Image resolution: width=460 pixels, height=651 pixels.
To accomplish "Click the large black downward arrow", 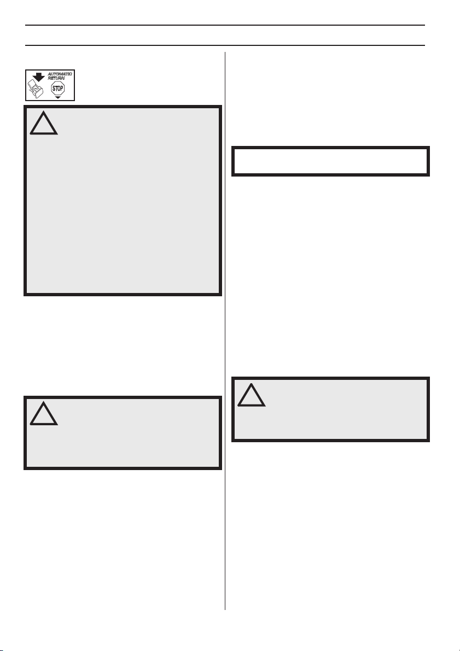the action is pyautogui.click(x=39, y=77).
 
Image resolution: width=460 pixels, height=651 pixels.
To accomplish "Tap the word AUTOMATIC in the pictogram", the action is pyautogui.click(x=60, y=74).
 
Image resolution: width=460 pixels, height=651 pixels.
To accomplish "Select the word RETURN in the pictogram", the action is pyautogui.click(x=56, y=78).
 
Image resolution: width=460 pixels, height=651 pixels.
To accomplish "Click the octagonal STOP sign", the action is pyautogui.click(x=58, y=88).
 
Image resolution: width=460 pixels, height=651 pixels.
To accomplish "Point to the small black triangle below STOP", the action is pyautogui.click(x=58, y=97).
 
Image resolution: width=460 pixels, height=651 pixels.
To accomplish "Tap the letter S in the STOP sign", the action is pyautogui.click(x=54, y=88).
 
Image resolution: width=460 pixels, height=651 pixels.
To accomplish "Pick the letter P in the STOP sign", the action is pyautogui.click(x=62, y=88).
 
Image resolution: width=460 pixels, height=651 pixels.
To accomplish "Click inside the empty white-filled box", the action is pyautogui.click(x=330, y=161).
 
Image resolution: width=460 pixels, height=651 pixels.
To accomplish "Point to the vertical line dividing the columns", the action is pyautogui.click(x=225, y=331).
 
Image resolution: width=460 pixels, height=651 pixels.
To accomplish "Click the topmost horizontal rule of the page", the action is pyautogui.click(x=225, y=25).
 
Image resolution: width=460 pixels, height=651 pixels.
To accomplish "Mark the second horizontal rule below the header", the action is pyautogui.click(x=225, y=45).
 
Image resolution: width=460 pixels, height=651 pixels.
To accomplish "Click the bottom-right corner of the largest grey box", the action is pyautogui.click(x=222, y=296).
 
